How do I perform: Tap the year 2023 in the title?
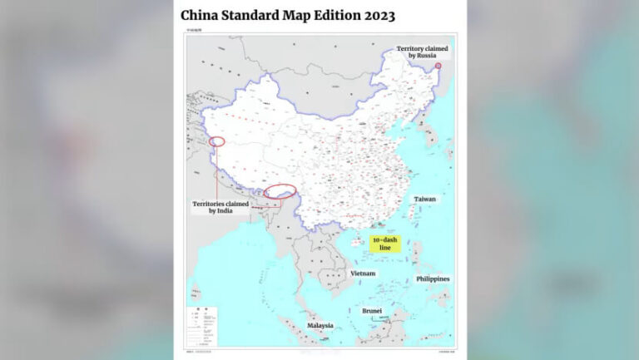click(x=377, y=16)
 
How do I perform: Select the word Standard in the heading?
click(x=264, y=16)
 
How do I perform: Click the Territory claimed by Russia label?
click(x=421, y=52)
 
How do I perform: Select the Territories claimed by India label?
click(x=213, y=207)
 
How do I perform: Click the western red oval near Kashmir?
click(x=218, y=141)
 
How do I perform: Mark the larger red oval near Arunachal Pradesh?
click(x=280, y=191)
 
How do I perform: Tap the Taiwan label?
click(x=425, y=200)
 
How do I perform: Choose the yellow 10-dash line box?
click(x=385, y=244)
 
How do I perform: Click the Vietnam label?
click(x=363, y=274)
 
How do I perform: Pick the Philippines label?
click(x=433, y=279)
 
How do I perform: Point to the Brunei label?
click(x=372, y=310)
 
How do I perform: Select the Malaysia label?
click(x=319, y=325)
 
